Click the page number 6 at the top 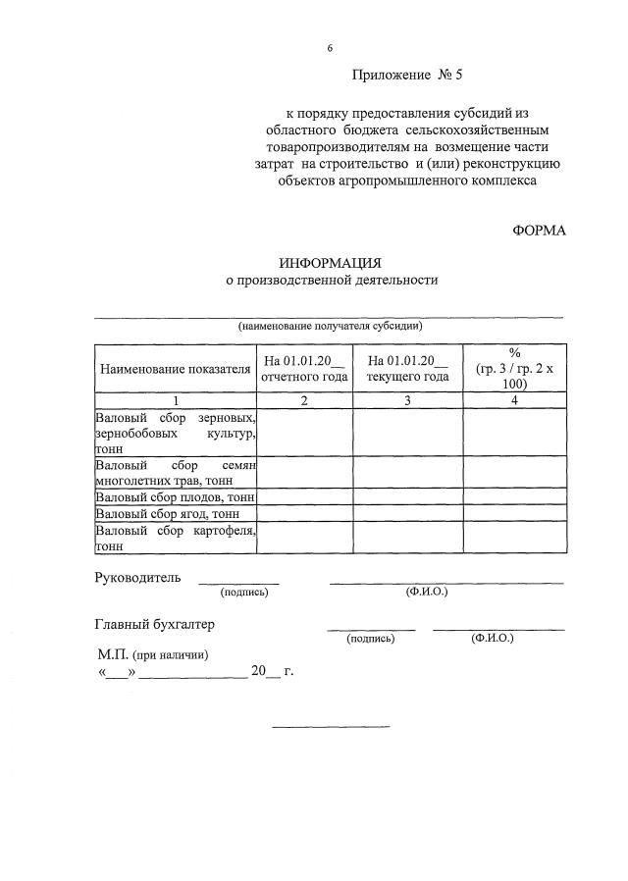click(330, 48)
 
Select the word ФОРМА click(539, 230)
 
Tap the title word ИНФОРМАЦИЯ click(330, 263)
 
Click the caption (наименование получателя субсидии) click(331, 326)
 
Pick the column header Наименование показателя click(175, 369)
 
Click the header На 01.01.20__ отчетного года click(304, 369)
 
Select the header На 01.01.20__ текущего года click(407, 369)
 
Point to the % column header click(514, 368)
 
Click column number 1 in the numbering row click(175, 400)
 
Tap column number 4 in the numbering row click(514, 400)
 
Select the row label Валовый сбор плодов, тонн click(175, 497)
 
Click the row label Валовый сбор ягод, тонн click(167, 513)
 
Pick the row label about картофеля click(175, 538)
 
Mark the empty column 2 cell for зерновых click(304, 432)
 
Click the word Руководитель click(137, 578)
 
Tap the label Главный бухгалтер click(154, 624)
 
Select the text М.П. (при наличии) click(152, 654)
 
